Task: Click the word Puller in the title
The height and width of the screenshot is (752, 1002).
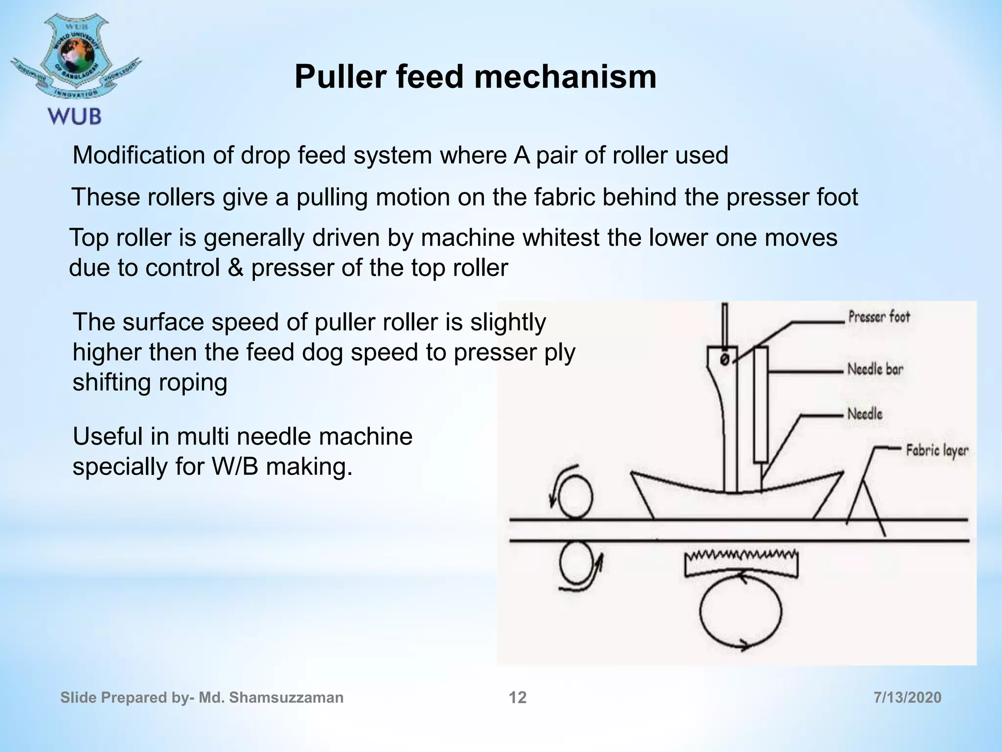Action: pos(340,77)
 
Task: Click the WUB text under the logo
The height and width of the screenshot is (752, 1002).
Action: pos(75,117)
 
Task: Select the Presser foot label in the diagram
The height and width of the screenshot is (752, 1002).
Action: pos(879,317)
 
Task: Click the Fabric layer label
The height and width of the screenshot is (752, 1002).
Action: pos(936,450)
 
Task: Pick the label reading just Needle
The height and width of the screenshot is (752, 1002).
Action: pos(865,414)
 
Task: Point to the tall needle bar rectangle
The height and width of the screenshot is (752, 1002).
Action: pos(761,404)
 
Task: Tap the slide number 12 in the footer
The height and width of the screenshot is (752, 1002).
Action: pos(518,697)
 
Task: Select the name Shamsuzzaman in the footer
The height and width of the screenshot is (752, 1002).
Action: pos(286,697)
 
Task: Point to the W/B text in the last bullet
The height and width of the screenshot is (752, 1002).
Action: pos(235,467)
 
